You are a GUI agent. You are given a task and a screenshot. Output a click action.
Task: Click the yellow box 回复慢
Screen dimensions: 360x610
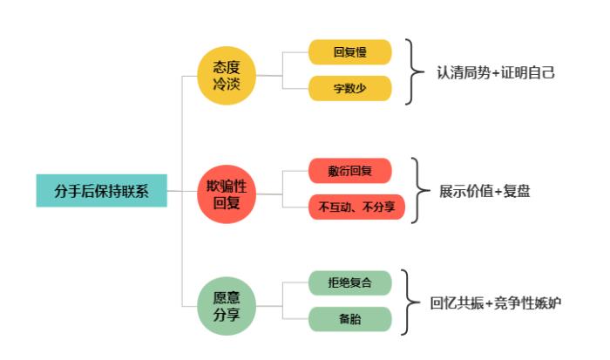(350, 52)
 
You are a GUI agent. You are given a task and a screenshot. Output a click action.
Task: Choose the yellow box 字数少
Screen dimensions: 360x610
(350, 88)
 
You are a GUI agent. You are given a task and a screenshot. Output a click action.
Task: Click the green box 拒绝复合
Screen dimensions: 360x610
(350, 283)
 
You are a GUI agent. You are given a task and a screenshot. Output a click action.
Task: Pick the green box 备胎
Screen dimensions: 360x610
(350, 319)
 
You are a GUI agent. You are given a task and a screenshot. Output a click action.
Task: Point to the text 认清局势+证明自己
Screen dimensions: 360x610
(496, 72)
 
